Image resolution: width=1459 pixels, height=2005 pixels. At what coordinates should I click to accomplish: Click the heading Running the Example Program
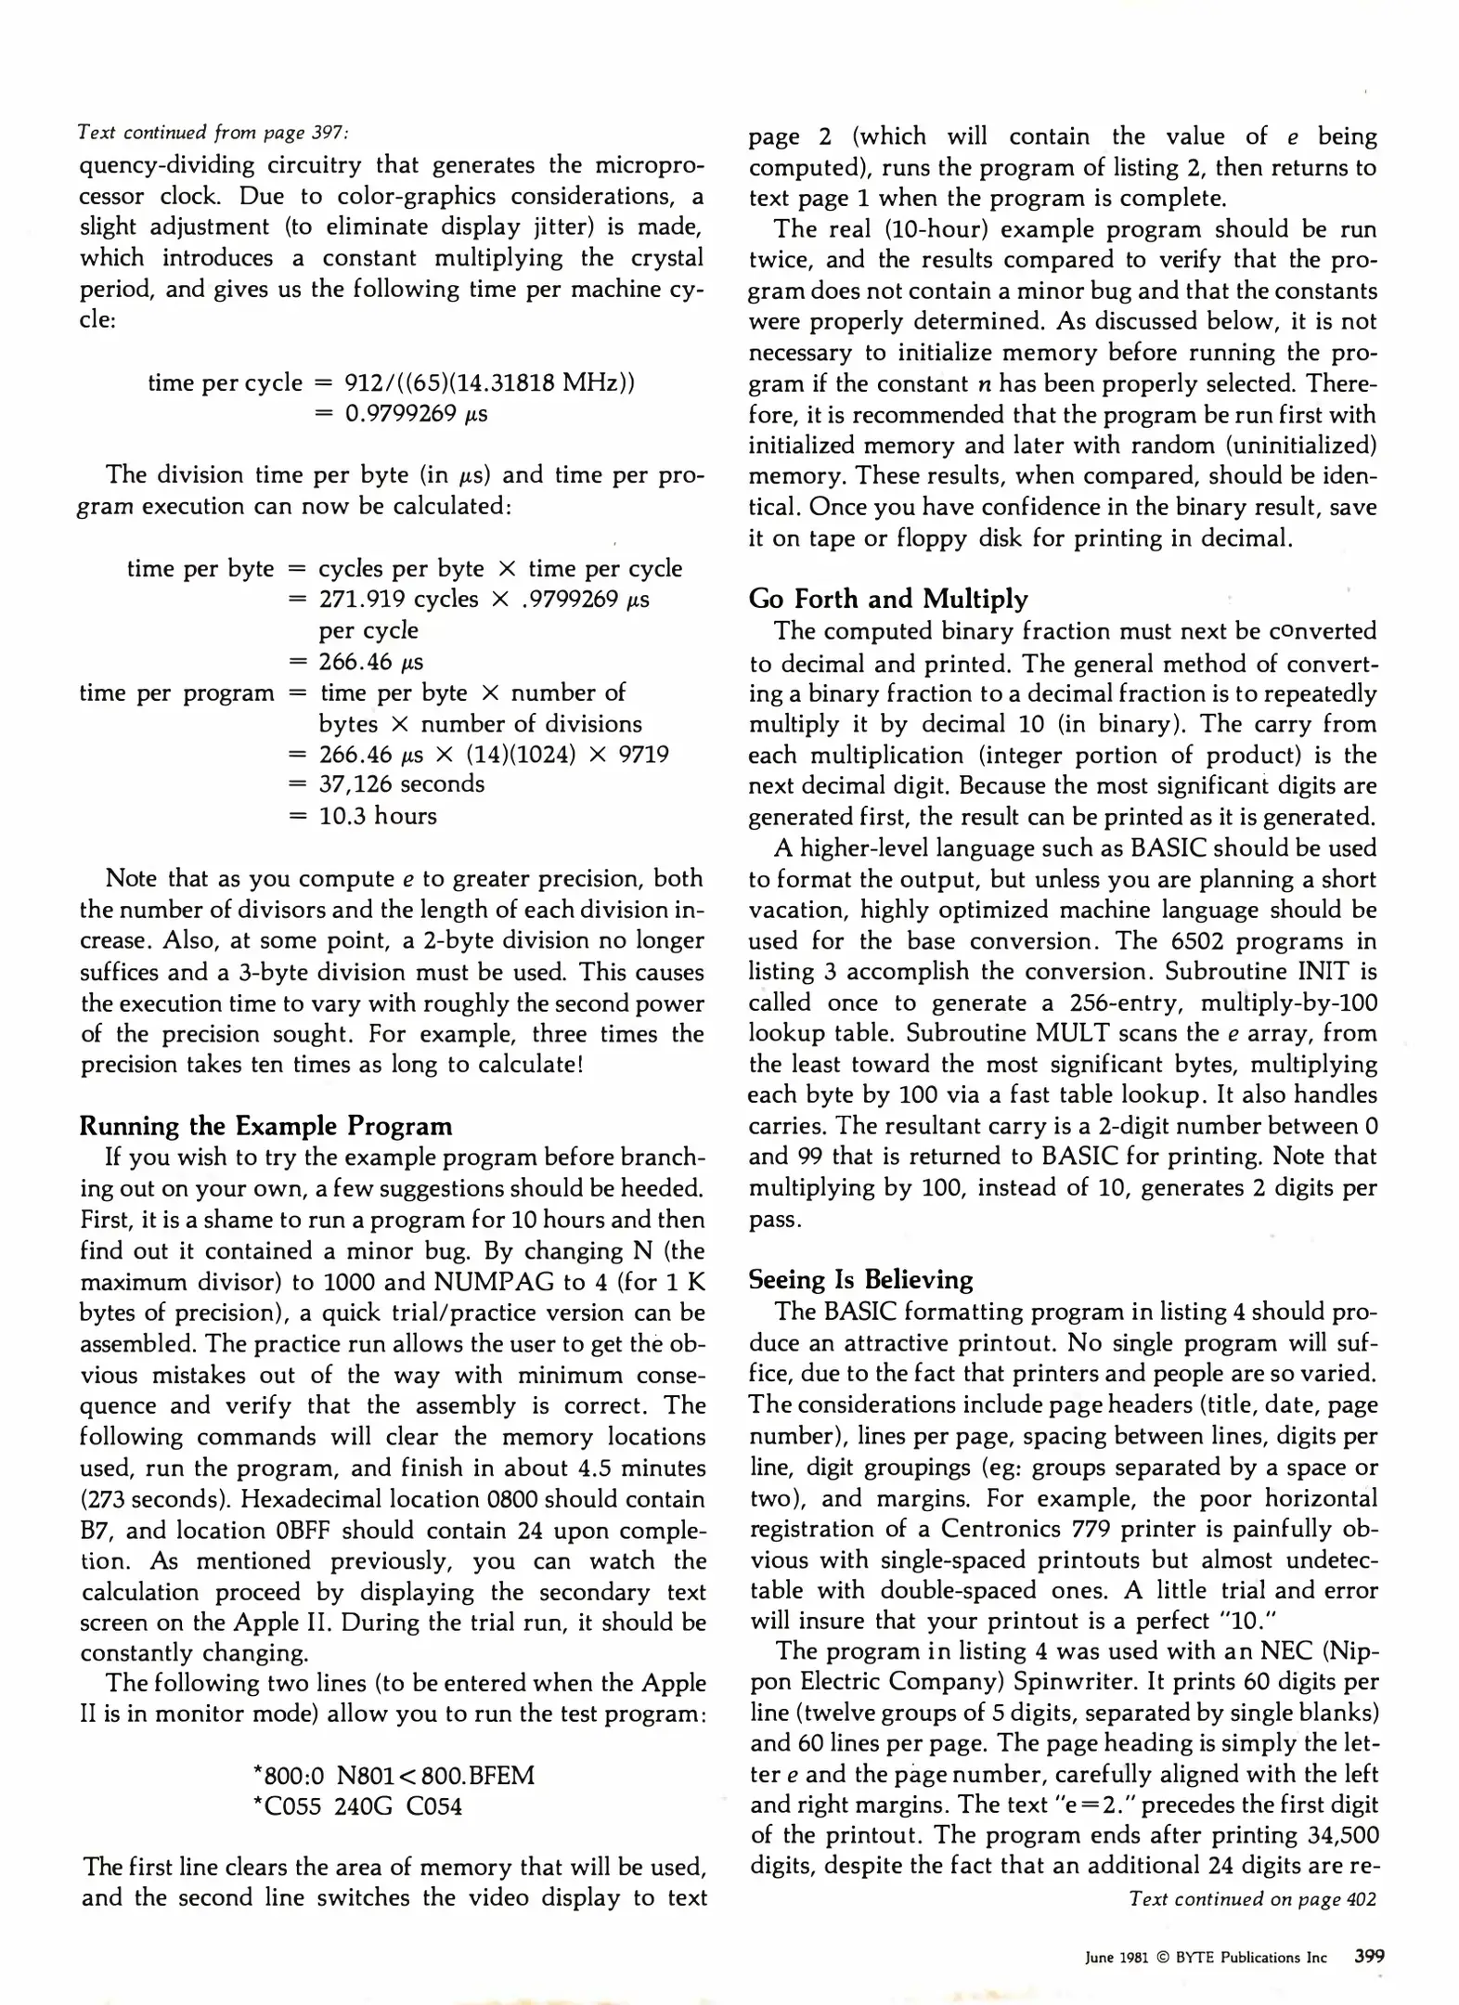[x=265, y=1126]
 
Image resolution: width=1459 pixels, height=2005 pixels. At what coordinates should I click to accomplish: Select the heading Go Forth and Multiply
[x=888, y=599]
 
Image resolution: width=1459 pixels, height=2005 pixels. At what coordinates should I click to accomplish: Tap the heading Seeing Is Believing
[x=860, y=1279]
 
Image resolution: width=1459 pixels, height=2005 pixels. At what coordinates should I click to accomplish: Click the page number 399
[x=1369, y=1956]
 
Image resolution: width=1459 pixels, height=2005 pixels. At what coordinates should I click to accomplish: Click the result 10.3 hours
[x=378, y=816]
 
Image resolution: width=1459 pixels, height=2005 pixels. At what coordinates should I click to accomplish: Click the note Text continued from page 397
[x=213, y=133]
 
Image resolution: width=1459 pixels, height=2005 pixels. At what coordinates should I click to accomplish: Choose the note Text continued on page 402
[x=1252, y=1898]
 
